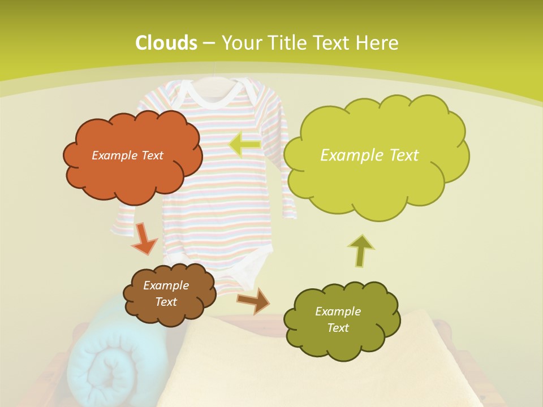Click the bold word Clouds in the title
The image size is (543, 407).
166,43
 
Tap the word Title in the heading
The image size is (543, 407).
288,43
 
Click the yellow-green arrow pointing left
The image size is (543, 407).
244,145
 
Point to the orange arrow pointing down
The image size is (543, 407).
144,238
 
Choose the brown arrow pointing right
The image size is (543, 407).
254,300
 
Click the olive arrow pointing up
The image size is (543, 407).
361,250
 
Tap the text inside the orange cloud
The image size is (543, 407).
127,155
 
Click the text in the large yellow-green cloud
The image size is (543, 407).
369,155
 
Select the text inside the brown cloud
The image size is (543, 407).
166,293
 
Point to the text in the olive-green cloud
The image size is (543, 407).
338,319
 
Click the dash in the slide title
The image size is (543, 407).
208,43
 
